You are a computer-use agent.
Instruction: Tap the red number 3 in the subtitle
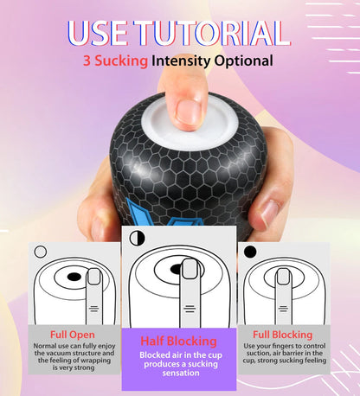tap(87, 61)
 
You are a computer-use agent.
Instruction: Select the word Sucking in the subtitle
tap(121, 61)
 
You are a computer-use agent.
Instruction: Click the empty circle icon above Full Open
tap(40, 252)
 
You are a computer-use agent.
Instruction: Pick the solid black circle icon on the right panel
tap(250, 252)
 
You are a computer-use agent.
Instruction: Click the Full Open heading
tap(72, 335)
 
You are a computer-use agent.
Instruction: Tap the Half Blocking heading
tap(180, 340)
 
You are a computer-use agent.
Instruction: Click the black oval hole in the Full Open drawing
tap(74, 278)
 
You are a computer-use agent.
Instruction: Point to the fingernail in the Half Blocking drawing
tap(189, 269)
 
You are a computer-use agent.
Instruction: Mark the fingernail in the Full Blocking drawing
tap(283, 278)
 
